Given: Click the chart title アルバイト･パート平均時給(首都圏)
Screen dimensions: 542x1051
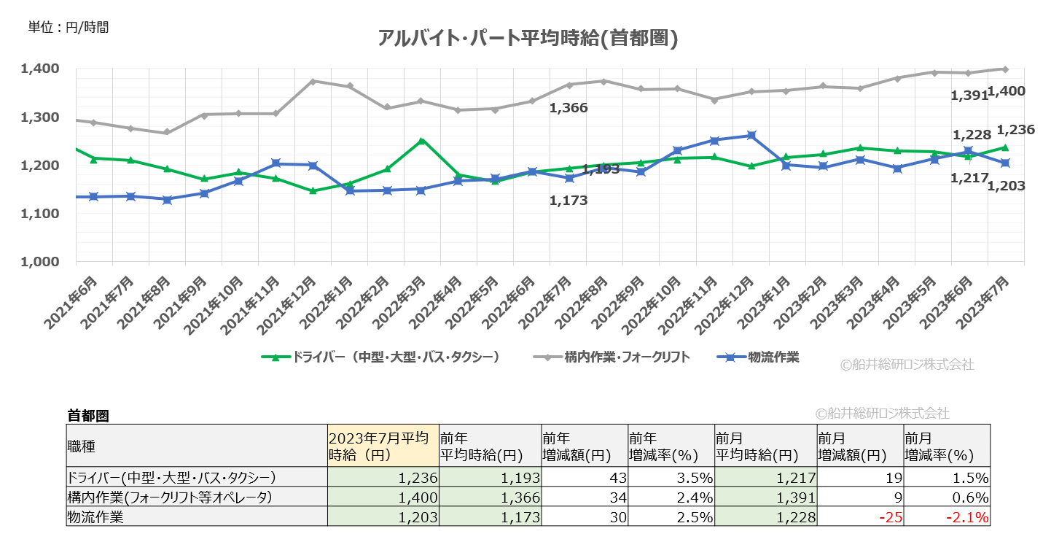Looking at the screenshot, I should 528,38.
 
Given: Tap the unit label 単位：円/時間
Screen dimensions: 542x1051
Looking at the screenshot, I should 68,28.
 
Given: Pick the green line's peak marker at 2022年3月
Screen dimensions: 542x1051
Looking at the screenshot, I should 421,140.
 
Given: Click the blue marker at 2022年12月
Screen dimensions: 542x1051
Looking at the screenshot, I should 751,136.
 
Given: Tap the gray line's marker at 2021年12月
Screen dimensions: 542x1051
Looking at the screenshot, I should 313,81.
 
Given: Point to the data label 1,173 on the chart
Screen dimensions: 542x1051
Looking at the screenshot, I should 568,200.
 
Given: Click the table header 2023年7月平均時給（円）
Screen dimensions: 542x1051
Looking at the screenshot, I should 383,446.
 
